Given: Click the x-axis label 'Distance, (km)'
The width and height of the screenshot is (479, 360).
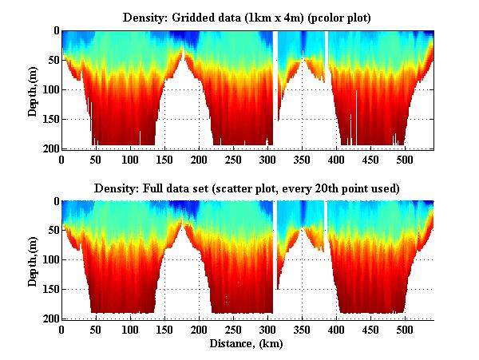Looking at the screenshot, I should click(x=247, y=344).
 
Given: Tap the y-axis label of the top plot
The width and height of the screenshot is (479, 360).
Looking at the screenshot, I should click(x=33, y=89).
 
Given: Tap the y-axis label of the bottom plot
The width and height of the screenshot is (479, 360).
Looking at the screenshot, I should click(x=33, y=260).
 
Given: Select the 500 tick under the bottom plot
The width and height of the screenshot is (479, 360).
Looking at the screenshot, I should click(x=405, y=330).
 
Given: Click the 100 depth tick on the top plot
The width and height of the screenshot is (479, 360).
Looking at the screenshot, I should click(x=49, y=89).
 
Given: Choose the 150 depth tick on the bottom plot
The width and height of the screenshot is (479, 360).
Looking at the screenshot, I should click(x=49, y=289).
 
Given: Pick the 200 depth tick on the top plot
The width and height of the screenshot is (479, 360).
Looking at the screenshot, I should click(x=49, y=148).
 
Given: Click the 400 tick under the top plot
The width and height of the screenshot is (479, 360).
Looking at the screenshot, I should click(x=336, y=160).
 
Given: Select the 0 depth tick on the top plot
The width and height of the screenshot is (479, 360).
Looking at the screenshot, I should click(x=55, y=31).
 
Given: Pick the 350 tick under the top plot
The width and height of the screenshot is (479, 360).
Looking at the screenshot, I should click(x=302, y=160).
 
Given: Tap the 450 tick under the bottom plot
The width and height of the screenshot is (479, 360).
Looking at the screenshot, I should click(x=370, y=330).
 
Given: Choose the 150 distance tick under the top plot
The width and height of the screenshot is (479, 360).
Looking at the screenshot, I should click(x=130, y=160).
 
